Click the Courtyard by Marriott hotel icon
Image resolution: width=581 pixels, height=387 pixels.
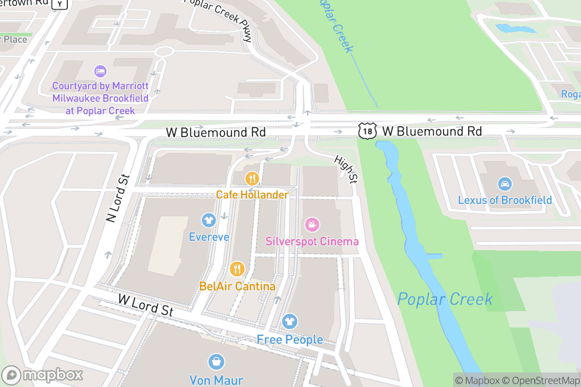tap(100, 71)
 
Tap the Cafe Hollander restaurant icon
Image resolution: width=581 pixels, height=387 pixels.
tap(252, 179)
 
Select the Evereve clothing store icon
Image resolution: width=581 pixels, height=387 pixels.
tap(209, 221)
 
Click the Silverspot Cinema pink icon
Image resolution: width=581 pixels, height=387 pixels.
tap(312, 224)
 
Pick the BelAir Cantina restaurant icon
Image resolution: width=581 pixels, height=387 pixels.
tap(237, 268)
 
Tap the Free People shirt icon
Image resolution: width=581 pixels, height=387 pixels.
tap(290, 321)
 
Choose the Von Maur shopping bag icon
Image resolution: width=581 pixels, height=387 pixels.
tap(216, 362)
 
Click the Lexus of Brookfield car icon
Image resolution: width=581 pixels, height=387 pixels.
tap(505, 184)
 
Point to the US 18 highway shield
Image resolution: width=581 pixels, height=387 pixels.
tap(366, 131)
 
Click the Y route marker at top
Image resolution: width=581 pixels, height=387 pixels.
tap(60, 4)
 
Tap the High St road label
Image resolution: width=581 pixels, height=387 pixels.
tap(346, 169)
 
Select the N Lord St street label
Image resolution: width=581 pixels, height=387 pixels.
tap(117, 198)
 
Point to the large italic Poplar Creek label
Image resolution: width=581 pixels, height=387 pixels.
tap(444, 299)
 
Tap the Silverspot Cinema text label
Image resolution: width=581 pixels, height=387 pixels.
tap(312, 241)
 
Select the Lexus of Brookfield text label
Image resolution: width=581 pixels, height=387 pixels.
tap(505, 200)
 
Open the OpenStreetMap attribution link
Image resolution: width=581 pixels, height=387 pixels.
tap(540, 380)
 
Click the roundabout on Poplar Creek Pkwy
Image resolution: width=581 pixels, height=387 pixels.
tap(164, 51)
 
